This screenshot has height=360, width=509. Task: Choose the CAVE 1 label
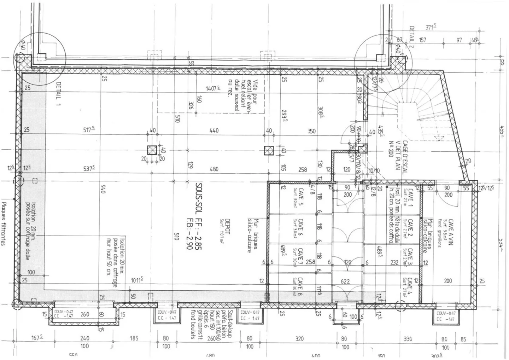coord(410,200)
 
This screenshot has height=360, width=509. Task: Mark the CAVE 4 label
coord(410,285)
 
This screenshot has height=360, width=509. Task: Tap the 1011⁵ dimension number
coord(136,280)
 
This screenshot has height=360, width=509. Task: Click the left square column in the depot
coord(152,150)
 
